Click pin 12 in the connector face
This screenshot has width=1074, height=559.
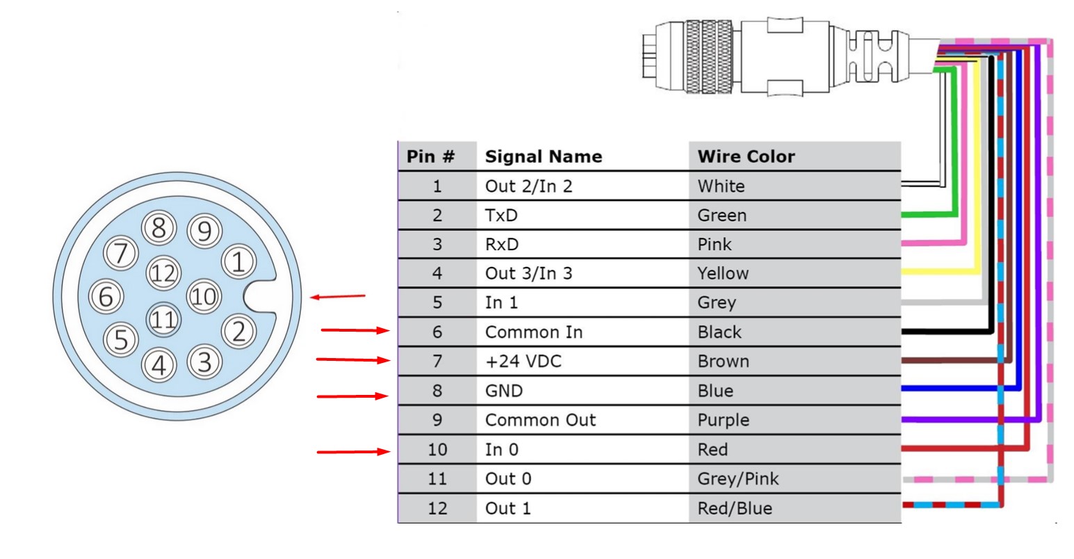163,272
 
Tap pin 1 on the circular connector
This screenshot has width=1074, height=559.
238,264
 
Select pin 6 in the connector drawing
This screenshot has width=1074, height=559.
106,297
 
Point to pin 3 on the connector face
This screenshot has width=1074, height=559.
204,360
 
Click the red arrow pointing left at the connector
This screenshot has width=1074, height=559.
337,297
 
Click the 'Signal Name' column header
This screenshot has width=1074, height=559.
543,156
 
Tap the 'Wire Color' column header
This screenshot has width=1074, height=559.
745,156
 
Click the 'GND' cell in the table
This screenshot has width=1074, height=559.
503,391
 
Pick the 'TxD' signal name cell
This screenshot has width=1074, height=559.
501,216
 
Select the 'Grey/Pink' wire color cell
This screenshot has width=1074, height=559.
738,478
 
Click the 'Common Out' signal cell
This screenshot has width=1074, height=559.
540,420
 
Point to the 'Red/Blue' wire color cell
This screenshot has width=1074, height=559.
734,508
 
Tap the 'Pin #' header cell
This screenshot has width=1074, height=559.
430,156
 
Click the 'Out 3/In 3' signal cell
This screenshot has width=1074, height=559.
528,273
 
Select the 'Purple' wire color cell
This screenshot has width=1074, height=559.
723,420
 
